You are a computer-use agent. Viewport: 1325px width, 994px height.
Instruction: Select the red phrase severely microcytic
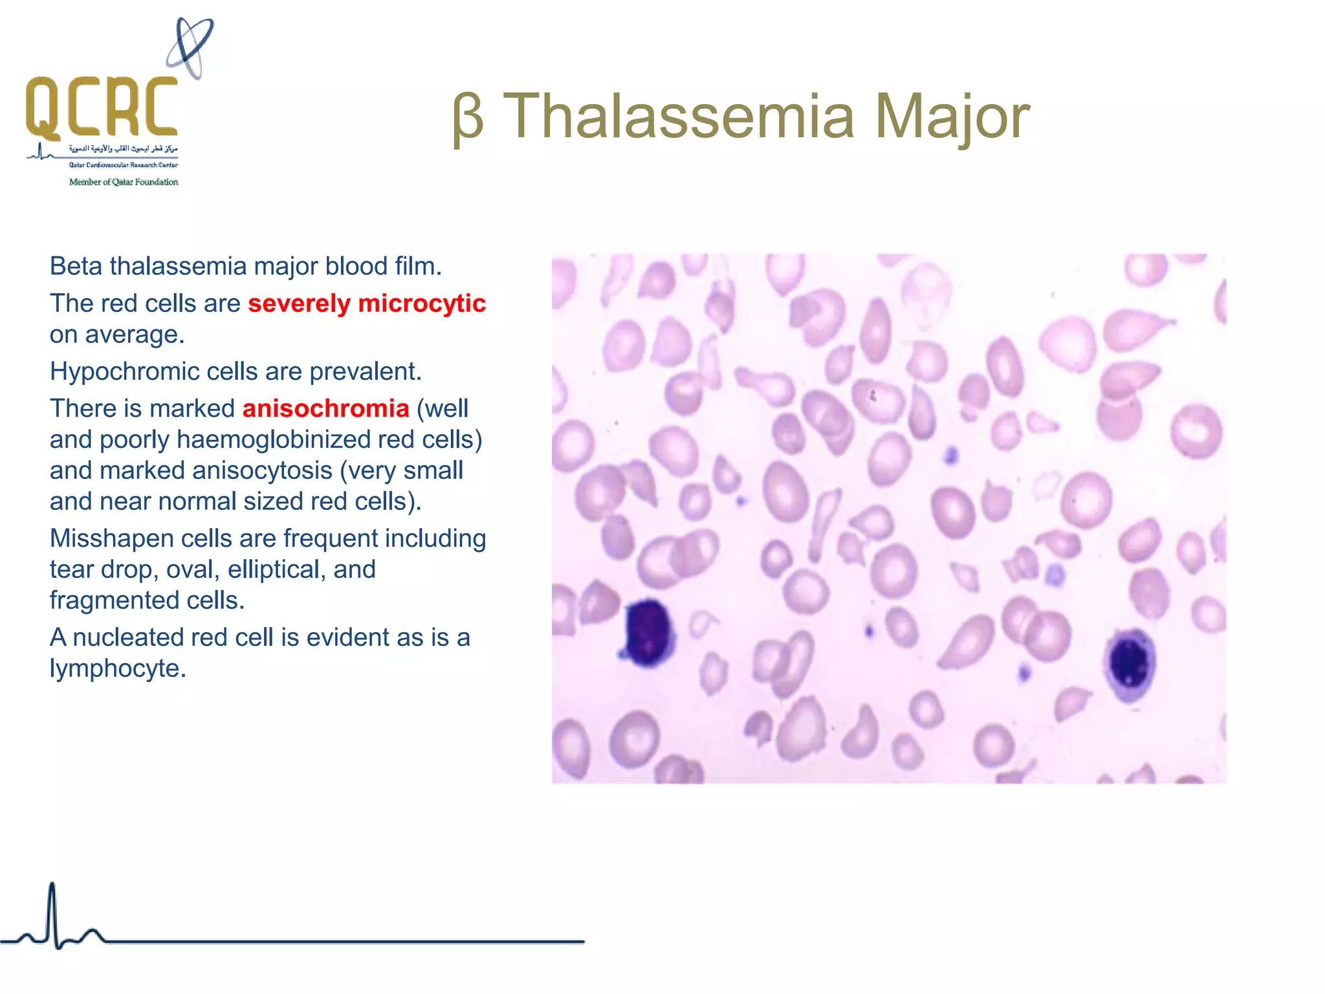click(x=366, y=304)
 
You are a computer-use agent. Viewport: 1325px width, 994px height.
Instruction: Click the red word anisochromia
click(x=325, y=408)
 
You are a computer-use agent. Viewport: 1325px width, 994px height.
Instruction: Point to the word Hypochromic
click(x=125, y=371)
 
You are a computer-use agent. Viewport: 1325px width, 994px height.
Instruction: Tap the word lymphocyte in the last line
click(x=117, y=668)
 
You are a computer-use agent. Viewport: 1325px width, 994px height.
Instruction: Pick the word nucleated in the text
click(x=128, y=637)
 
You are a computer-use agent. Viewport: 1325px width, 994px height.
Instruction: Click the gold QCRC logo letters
click(x=102, y=107)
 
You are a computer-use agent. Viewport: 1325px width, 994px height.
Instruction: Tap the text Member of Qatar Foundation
click(x=124, y=182)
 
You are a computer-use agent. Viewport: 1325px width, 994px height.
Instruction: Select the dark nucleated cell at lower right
click(x=1130, y=663)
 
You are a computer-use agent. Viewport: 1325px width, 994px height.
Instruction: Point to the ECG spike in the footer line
click(x=52, y=912)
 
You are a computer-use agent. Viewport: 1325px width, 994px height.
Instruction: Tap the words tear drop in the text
click(x=101, y=569)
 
